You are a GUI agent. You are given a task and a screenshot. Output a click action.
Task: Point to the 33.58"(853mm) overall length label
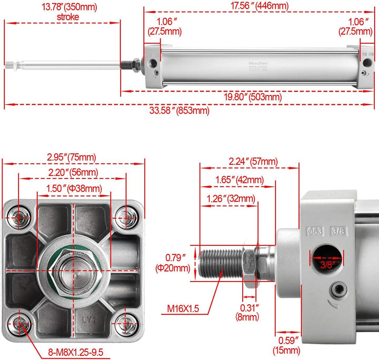pyautogui.click(x=179, y=110)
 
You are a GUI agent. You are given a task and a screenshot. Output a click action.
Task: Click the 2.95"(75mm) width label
pyautogui.click(x=71, y=157)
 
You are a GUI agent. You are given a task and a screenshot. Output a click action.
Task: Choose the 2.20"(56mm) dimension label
pyautogui.click(x=72, y=172)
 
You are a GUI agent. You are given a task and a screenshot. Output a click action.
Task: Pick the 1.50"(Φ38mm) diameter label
pyautogui.click(x=74, y=188)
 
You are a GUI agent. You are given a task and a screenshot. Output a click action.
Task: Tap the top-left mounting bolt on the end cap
pyautogui.click(x=21, y=216)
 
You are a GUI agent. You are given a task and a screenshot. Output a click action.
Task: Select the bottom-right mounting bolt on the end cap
pyautogui.click(x=125, y=323)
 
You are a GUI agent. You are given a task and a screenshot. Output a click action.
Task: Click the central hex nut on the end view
pyautogui.click(x=73, y=269)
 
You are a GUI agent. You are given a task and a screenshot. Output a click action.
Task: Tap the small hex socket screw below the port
pyautogui.click(x=337, y=288)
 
